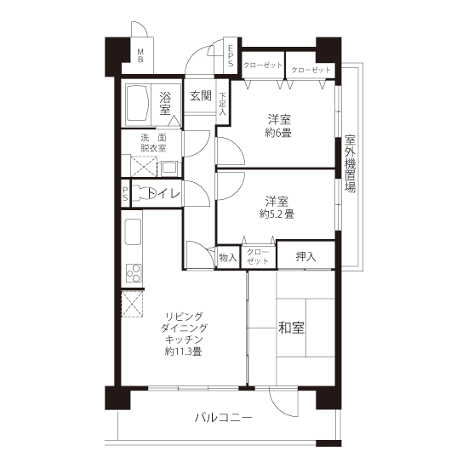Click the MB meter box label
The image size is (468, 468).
pyautogui.click(x=140, y=56)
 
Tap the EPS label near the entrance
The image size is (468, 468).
pyautogui.click(x=231, y=56)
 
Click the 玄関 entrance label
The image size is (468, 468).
pyautogui.click(x=201, y=95)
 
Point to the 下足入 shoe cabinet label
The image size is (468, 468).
pyautogui.click(x=222, y=104)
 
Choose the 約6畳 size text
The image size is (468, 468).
pyautogui.click(x=278, y=133)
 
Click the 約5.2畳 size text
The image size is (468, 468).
pyautogui.click(x=277, y=214)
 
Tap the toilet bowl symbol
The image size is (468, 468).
pyautogui.click(x=143, y=193)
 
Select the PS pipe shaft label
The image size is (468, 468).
pyautogui.click(x=125, y=194)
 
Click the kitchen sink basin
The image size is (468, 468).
pyautogui.click(x=133, y=232)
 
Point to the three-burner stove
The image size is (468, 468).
pyautogui.click(x=134, y=273)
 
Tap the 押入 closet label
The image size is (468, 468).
pyautogui.click(x=305, y=256)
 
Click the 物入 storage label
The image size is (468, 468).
pyautogui.click(x=228, y=257)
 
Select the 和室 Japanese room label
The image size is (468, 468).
pyautogui.click(x=291, y=328)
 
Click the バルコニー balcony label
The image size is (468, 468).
pyautogui.click(x=223, y=417)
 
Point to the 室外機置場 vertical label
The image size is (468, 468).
pyautogui.click(x=350, y=163)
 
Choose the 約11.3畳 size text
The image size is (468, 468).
pyautogui.click(x=183, y=351)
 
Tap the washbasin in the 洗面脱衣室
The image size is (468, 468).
pyautogui.click(x=169, y=168)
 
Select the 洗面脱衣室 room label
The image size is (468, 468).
pyautogui.click(x=153, y=143)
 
